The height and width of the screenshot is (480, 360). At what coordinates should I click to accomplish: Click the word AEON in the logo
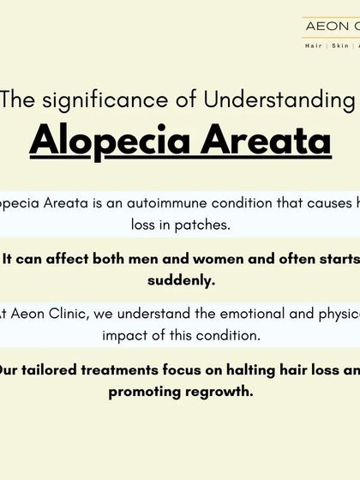click(323, 26)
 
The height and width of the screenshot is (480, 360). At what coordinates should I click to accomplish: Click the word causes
click(312, 206)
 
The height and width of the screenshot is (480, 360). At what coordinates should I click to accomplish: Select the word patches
click(207, 227)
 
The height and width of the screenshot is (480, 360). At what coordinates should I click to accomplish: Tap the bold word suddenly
click(181, 280)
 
